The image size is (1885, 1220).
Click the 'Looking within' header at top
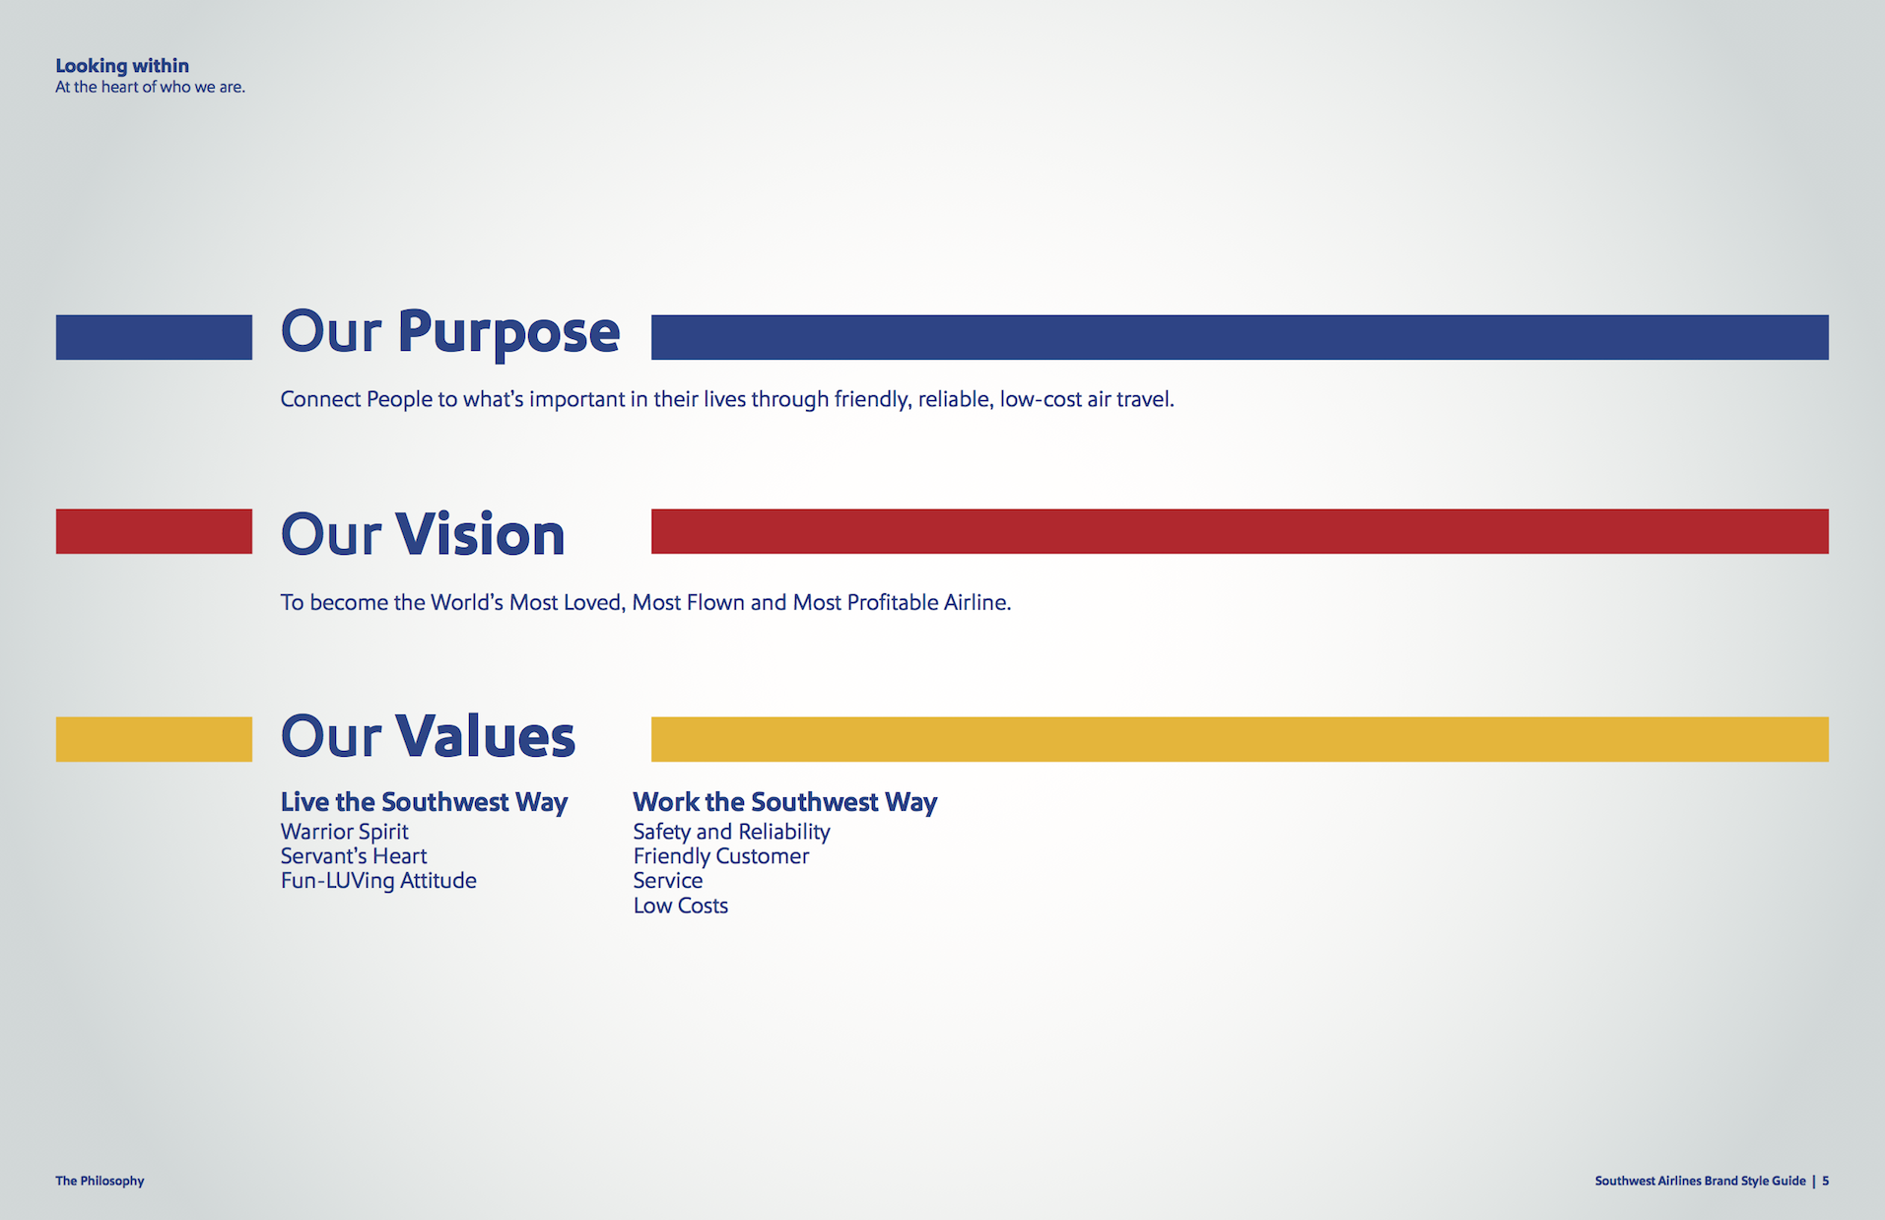click(x=122, y=66)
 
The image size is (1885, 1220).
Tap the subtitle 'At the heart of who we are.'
click(x=150, y=88)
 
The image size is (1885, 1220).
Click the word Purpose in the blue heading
click(x=508, y=333)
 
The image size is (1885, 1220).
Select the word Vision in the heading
click(x=480, y=535)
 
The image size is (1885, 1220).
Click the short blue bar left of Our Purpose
click(x=154, y=337)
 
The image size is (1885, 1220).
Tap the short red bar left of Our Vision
click(x=154, y=531)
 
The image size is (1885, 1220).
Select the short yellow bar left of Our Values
click(x=154, y=739)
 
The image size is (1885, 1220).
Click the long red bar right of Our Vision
click(x=1240, y=531)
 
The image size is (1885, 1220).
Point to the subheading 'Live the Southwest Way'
click(x=424, y=802)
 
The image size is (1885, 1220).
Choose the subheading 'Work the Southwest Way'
click(x=784, y=802)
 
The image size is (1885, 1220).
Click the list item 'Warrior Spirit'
click(x=344, y=832)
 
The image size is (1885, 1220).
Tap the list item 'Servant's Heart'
click(x=354, y=856)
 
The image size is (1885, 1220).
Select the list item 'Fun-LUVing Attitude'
click(x=378, y=881)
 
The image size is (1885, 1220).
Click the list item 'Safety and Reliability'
click(x=731, y=832)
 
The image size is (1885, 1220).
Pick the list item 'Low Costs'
click(x=680, y=906)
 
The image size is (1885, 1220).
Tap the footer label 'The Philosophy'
click(x=100, y=1181)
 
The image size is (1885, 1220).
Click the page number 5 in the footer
click(x=1826, y=1181)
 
